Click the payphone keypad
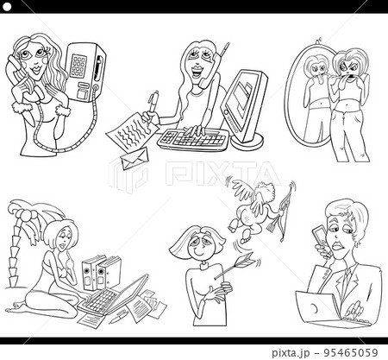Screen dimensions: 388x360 (78, 66)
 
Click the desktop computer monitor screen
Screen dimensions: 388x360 (241, 97)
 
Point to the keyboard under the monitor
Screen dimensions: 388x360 (192, 140)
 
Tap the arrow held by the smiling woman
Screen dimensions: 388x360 (235, 265)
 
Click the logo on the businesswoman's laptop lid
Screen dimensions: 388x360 (313, 308)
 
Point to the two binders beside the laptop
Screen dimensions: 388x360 (100, 272)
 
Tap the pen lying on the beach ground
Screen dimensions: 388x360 (118, 318)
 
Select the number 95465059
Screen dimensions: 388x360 (351, 352)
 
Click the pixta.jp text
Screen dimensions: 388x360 (291, 353)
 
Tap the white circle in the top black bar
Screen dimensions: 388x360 (7, 7)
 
